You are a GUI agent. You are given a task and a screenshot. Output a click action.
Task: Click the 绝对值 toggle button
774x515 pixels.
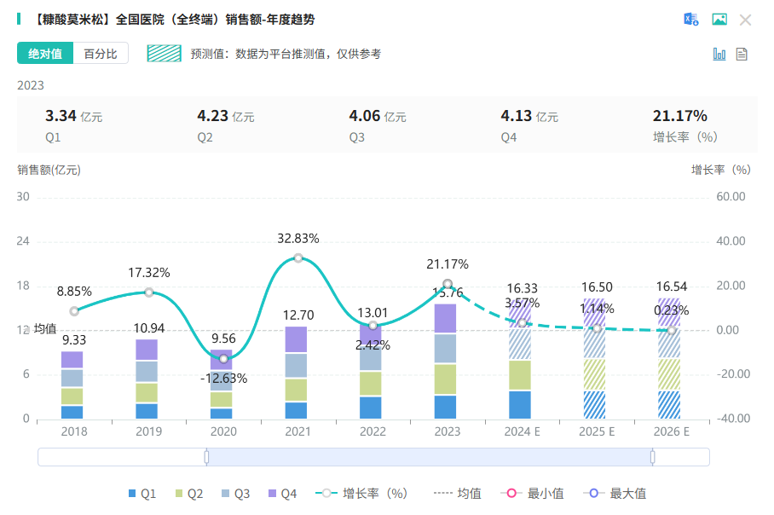pyautogui.click(x=45, y=54)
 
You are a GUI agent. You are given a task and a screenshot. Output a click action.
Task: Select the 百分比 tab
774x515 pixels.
pyautogui.click(x=101, y=54)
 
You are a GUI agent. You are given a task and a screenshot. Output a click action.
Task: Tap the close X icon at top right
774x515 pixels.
pyautogui.click(x=745, y=20)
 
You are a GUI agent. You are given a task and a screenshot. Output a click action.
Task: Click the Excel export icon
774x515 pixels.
pyautogui.click(x=691, y=20)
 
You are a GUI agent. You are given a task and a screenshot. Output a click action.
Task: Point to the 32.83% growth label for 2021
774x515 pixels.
pyautogui.click(x=298, y=239)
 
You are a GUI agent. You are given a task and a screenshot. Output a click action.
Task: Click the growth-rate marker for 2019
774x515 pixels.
pyautogui.click(x=149, y=292)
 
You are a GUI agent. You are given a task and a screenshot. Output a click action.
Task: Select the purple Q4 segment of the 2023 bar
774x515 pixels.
pyautogui.click(x=447, y=318)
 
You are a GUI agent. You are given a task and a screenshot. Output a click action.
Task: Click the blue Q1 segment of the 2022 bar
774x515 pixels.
pyautogui.click(x=373, y=408)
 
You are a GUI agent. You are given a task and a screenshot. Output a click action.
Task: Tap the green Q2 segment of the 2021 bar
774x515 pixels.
pyautogui.click(x=298, y=390)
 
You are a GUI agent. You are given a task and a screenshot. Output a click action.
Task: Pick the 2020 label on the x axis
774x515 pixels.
pyautogui.click(x=223, y=432)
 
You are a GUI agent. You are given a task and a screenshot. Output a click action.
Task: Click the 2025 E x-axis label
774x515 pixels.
pyautogui.click(x=596, y=432)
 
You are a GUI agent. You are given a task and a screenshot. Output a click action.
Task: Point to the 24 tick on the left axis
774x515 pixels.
pyautogui.click(x=23, y=241)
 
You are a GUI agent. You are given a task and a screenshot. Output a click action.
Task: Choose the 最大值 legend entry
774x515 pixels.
pyautogui.click(x=621, y=494)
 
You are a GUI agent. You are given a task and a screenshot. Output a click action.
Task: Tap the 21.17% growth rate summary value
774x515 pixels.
pyautogui.click(x=679, y=117)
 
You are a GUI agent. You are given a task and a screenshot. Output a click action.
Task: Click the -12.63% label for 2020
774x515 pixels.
pyautogui.click(x=223, y=378)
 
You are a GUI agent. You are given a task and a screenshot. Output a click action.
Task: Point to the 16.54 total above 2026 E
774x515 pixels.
pyautogui.click(x=670, y=289)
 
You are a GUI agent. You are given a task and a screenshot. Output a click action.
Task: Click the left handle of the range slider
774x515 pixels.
pyautogui.click(x=206, y=457)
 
